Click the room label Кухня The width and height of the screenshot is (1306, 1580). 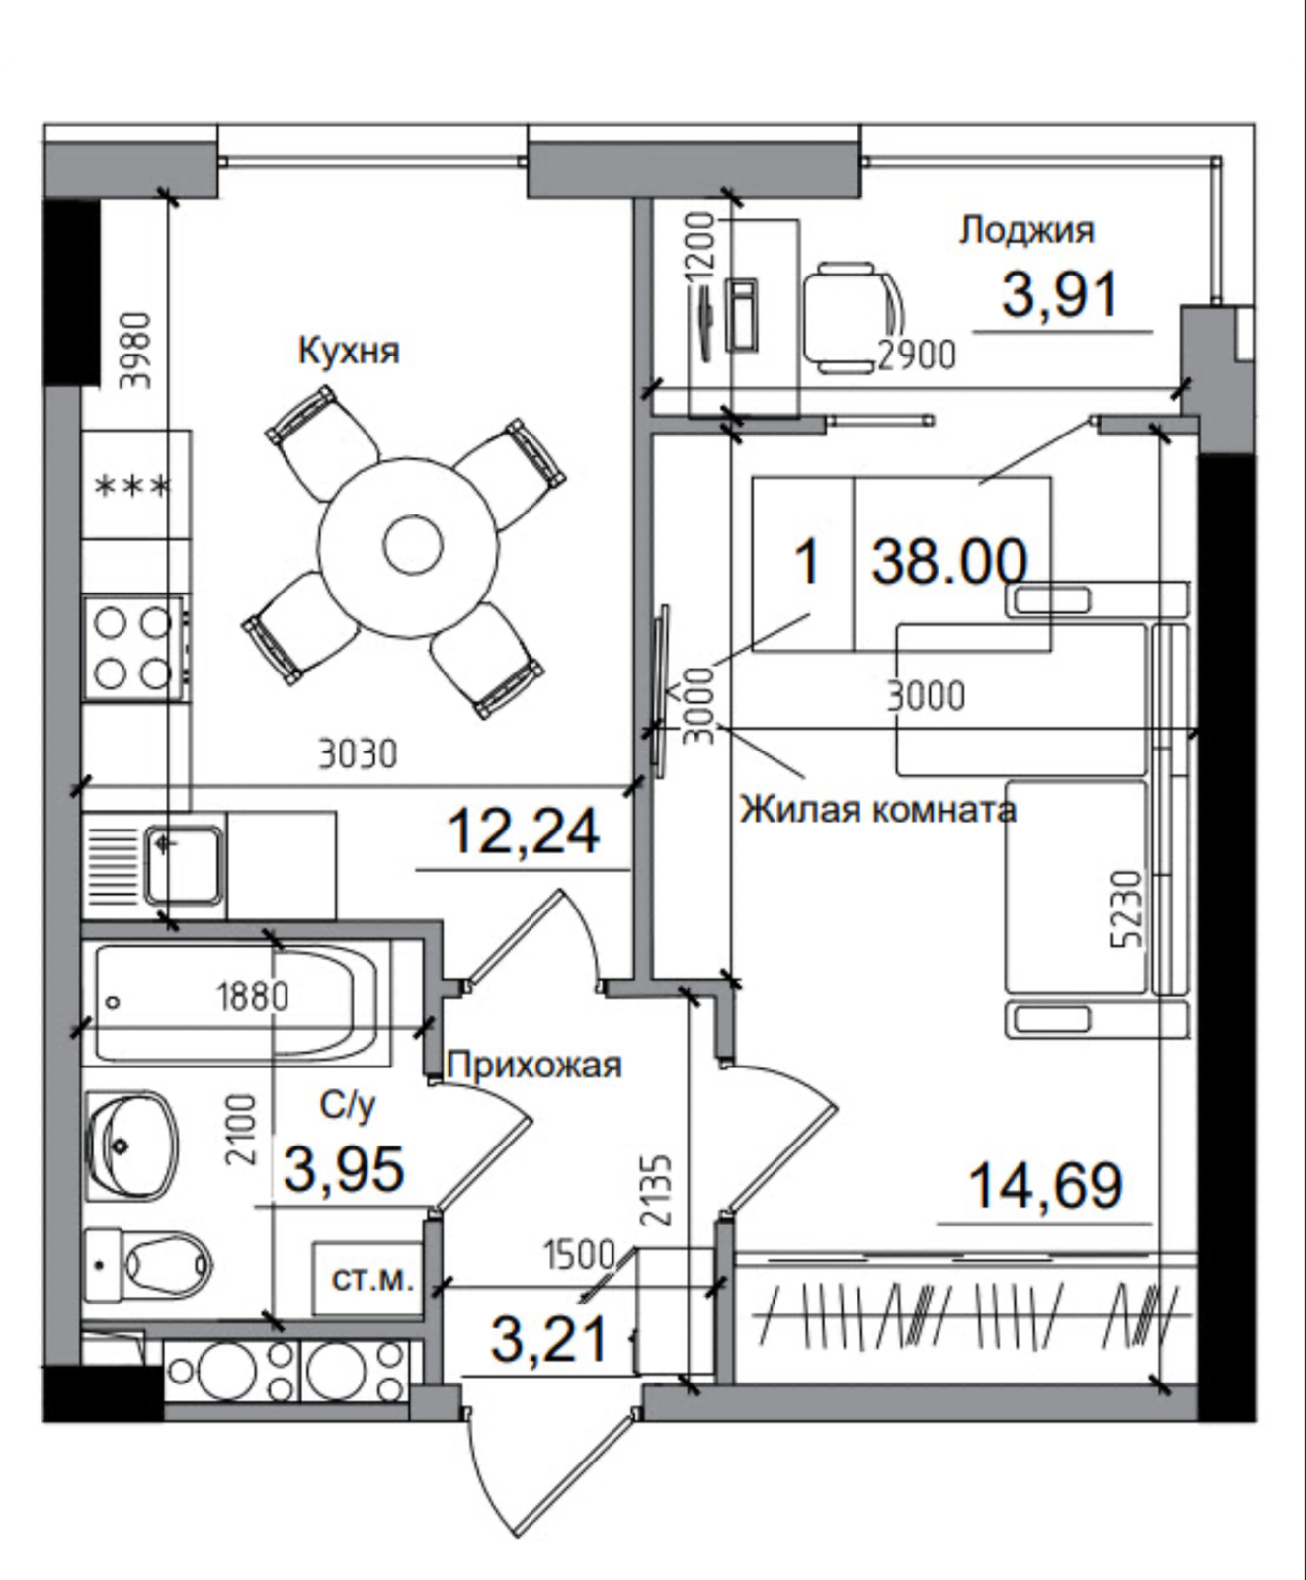349,352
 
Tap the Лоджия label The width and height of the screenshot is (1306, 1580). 1026,230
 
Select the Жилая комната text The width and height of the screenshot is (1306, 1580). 878,810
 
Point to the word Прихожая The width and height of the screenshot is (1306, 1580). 534,1065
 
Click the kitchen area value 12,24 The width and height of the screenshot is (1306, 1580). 523,831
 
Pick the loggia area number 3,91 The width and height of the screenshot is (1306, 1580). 1060,294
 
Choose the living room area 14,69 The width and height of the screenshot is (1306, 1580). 1046,1185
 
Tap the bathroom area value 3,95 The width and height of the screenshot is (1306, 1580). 344,1169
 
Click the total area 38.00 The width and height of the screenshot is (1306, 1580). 948,563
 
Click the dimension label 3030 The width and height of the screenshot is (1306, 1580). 358,754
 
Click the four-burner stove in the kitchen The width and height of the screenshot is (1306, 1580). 132,647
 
